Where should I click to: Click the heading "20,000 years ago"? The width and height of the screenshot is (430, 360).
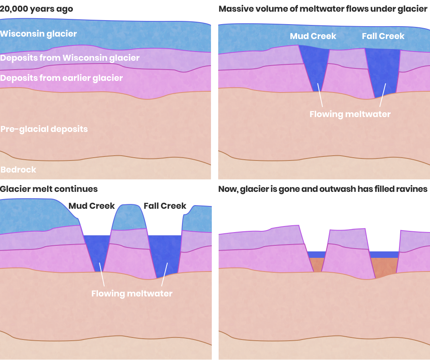pyautogui.click(x=37, y=9)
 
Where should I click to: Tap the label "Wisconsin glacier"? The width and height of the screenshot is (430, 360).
pyautogui.click(x=39, y=33)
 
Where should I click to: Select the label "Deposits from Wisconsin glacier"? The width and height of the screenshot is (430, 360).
pyautogui.click(x=70, y=58)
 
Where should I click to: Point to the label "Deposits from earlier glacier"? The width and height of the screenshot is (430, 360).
pyautogui.click(x=62, y=78)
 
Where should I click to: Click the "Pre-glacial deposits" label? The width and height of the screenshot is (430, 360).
pyautogui.click(x=44, y=129)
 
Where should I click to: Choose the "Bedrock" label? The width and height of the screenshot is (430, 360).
pyautogui.click(x=19, y=170)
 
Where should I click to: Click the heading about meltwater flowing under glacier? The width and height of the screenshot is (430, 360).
pyautogui.click(x=323, y=9)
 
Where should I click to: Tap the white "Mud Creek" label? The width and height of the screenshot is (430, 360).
pyautogui.click(x=313, y=36)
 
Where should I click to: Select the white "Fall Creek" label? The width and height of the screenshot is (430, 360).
pyautogui.click(x=383, y=36)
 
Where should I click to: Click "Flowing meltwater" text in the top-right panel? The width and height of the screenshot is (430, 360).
pyautogui.click(x=350, y=114)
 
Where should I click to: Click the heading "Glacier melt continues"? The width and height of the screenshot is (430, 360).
pyautogui.click(x=49, y=189)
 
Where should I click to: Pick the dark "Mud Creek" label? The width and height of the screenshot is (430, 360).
pyautogui.click(x=92, y=206)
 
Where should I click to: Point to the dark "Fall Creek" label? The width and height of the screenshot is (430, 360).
pyautogui.click(x=165, y=206)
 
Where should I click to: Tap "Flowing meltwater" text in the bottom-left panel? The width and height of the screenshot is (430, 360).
pyautogui.click(x=132, y=294)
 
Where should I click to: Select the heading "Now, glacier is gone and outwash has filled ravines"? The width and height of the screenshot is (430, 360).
pyautogui.click(x=323, y=189)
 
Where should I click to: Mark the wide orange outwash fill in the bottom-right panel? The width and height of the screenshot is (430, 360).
pyautogui.click(x=384, y=266)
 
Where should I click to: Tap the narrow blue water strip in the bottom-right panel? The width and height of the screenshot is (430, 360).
pyautogui.click(x=316, y=255)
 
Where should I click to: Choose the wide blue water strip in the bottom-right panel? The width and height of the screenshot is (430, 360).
pyautogui.click(x=384, y=255)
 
